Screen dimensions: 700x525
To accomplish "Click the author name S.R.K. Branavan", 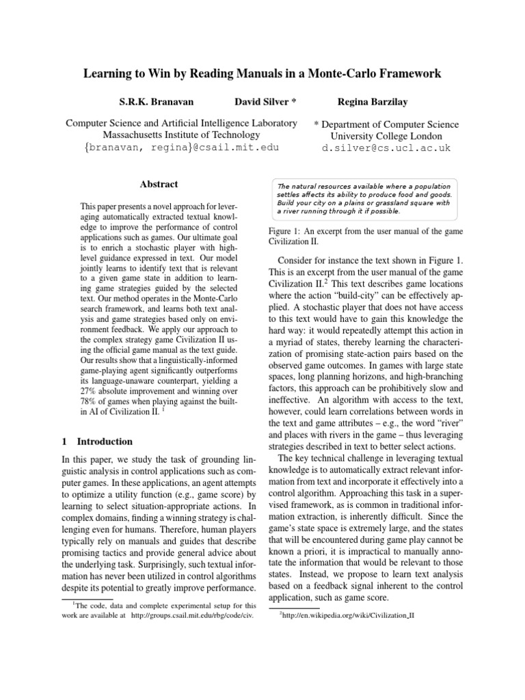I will tap(157, 102).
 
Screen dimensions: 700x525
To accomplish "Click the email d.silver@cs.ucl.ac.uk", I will tap(386, 147).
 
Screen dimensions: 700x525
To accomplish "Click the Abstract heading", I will tap(159, 184).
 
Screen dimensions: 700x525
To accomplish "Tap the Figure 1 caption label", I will tap(286, 232).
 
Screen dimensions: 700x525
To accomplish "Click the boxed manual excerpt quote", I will tap(366, 198).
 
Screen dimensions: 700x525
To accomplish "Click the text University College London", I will tap(386, 136).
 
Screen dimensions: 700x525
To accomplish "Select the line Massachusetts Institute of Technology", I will tap(180, 135).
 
